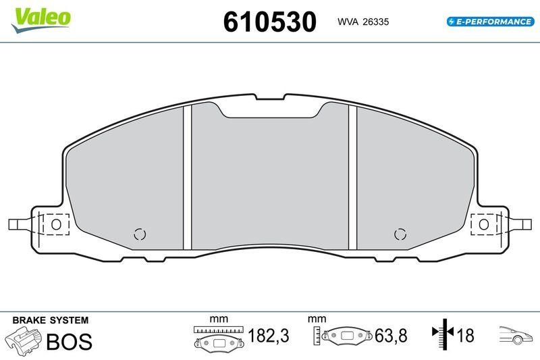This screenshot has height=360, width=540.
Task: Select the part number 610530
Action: (269, 22)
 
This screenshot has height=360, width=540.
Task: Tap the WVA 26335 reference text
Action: (362, 22)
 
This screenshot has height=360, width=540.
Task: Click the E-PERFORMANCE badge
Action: (489, 22)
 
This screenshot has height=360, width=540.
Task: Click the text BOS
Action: (68, 341)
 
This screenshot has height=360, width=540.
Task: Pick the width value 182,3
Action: (269, 336)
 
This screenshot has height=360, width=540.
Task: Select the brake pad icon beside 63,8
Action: (348, 336)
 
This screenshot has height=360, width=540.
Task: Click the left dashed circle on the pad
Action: (140, 234)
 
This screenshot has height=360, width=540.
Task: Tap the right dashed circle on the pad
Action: (400, 234)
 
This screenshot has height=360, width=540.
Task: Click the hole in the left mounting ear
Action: (57, 224)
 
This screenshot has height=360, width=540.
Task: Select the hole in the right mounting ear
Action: (483, 224)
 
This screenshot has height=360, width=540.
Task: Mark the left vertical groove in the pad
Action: (188, 179)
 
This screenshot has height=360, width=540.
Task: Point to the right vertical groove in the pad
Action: (352, 179)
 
